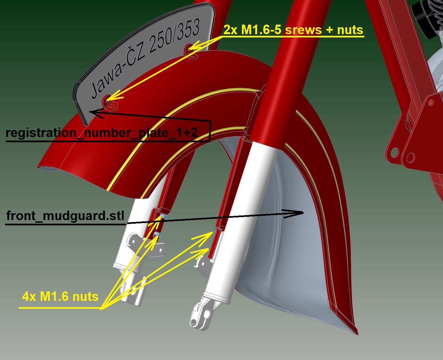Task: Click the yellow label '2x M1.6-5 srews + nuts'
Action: (293, 30)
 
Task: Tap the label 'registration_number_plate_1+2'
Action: (101, 133)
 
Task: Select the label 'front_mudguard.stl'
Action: (65, 216)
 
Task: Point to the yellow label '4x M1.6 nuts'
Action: (60, 297)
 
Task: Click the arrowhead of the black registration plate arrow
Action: (93, 113)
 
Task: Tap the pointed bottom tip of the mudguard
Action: (356, 332)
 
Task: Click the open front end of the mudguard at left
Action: (49, 169)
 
